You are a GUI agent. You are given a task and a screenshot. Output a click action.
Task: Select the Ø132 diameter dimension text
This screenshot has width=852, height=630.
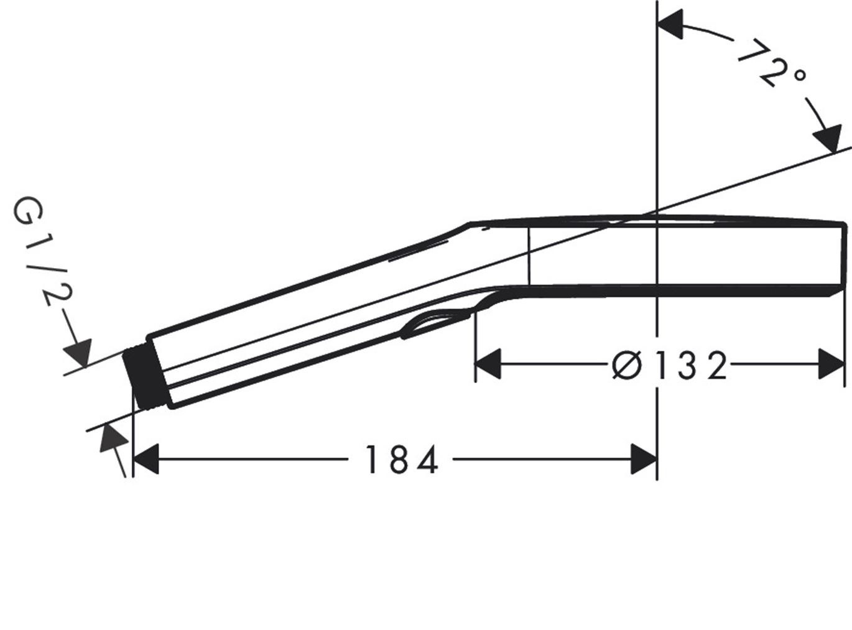669,366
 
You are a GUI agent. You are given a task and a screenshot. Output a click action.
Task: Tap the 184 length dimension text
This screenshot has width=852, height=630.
401,460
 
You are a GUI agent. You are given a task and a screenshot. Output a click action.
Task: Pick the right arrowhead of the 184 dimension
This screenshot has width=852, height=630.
643,460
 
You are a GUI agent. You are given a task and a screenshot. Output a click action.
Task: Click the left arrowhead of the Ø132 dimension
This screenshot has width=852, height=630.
488,364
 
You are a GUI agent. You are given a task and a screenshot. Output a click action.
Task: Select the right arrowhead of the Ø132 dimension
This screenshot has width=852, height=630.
831,364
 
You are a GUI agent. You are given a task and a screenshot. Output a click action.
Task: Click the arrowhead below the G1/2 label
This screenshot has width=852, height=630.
78,351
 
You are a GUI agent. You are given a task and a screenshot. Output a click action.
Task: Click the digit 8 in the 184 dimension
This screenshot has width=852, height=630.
400,460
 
